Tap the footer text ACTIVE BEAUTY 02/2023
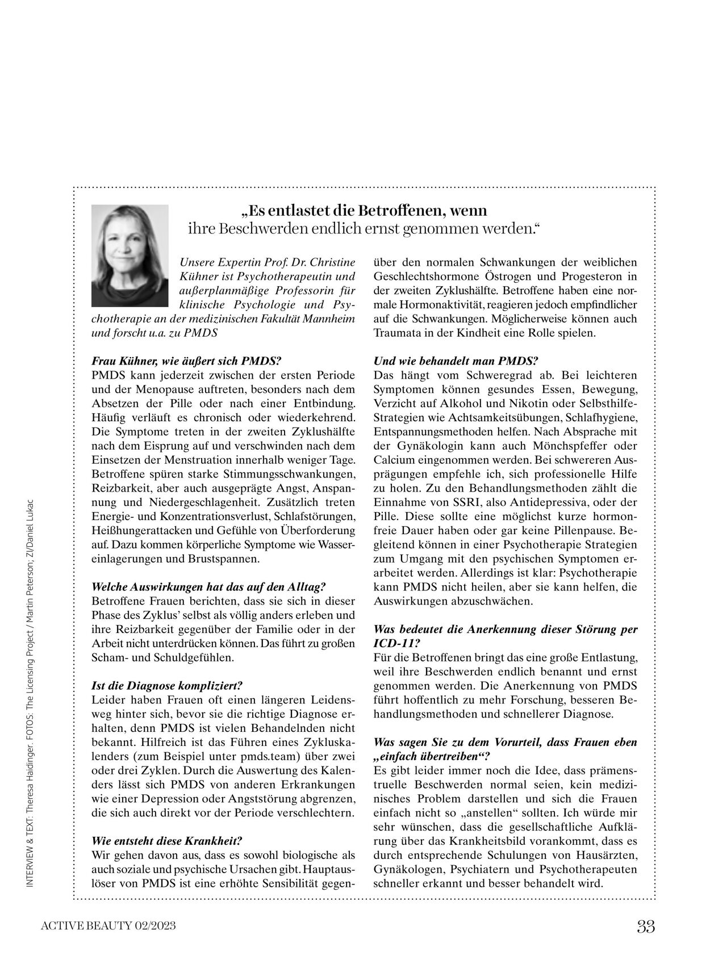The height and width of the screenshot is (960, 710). (x=108, y=927)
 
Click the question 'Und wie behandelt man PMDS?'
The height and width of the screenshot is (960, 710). (x=456, y=361)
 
